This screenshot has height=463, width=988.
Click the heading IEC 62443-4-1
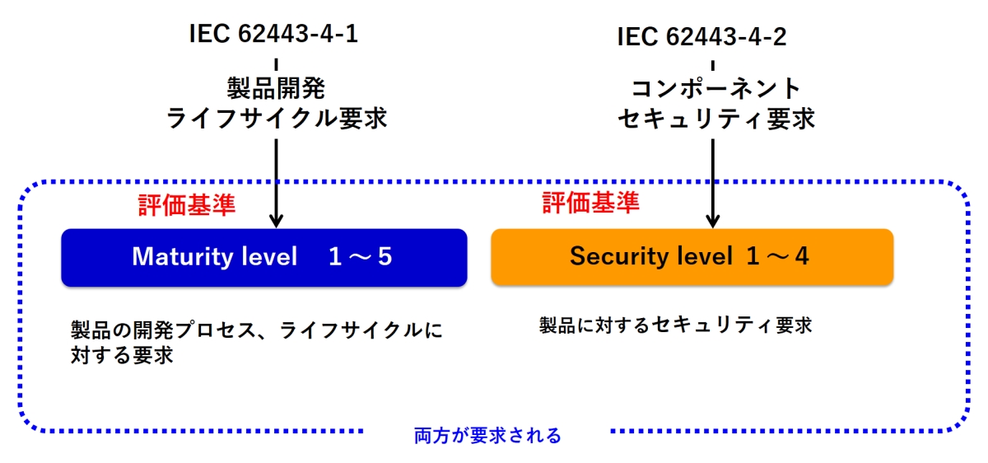coord(273,34)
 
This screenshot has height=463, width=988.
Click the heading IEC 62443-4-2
coord(701,36)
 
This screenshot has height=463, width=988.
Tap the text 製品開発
coord(276,88)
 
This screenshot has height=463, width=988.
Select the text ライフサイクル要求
coord(277,119)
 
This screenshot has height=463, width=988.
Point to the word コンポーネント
coord(716,88)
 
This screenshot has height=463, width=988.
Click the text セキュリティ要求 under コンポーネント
coord(715,119)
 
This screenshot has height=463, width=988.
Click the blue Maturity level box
coord(264,258)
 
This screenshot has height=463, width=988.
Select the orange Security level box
coord(692,257)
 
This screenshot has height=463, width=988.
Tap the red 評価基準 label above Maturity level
coord(187,205)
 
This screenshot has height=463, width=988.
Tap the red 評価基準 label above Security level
coord(591,203)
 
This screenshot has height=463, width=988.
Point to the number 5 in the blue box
coord(384,256)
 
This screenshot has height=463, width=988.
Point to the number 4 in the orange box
coord(802,256)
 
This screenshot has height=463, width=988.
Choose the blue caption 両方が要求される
coord(487,436)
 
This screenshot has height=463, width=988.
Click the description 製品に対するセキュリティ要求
coord(675,325)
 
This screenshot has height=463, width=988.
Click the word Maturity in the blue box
coord(183,257)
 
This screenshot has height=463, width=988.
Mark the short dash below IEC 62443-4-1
coord(276,64)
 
